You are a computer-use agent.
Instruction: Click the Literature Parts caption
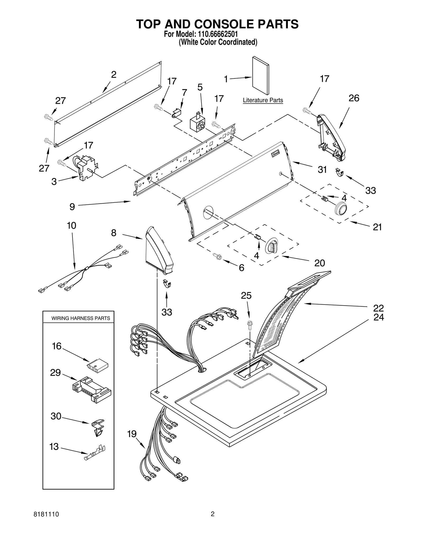263,100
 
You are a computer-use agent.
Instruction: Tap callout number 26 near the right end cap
353,98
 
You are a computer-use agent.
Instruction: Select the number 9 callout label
72,207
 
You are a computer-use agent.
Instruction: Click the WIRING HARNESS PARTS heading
81,318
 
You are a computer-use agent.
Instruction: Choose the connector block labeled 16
97,365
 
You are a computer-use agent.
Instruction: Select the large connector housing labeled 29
92,389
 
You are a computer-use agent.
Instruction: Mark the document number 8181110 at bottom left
46,514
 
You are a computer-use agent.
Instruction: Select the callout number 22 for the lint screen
378,308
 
